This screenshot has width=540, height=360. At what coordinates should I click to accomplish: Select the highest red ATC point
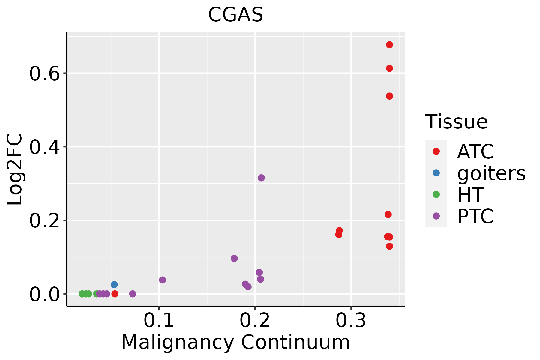(x=389, y=45)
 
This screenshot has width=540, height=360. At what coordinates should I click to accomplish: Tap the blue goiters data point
(x=114, y=284)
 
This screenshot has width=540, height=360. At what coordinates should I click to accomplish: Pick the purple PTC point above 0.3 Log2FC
(x=261, y=178)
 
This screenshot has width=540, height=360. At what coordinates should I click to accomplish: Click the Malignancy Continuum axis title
(x=235, y=342)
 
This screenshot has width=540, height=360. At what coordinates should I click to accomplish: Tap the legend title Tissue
(x=456, y=122)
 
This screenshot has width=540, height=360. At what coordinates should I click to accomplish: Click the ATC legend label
(x=475, y=151)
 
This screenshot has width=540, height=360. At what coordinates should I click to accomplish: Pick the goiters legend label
(x=491, y=173)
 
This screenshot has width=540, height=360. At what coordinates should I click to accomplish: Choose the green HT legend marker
(x=436, y=194)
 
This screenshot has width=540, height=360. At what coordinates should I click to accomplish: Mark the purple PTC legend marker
(x=436, y=216)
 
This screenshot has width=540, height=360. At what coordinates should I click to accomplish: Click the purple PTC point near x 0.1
(x=162, y=280)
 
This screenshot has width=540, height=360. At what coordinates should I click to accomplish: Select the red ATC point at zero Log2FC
(x=115, y=294)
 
